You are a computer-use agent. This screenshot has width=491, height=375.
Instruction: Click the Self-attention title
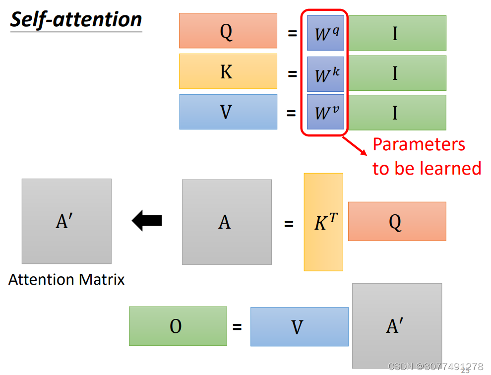point(76,20)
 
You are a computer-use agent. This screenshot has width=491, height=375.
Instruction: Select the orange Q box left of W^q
point(228,31)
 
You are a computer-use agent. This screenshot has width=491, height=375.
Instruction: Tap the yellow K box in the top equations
point(228,71)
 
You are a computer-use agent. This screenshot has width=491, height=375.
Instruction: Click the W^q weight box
point(325,33)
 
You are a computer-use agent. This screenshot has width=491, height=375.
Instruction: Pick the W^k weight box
point(325,74)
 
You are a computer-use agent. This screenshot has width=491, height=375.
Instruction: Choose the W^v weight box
point(325,112)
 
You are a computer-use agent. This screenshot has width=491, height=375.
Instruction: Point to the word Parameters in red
point(419,144)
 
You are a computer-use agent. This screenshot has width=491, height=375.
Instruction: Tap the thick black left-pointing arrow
point(147,220)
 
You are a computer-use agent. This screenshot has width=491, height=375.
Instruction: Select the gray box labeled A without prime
point(227,222)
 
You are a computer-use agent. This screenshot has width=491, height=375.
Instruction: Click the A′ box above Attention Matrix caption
point(66,221)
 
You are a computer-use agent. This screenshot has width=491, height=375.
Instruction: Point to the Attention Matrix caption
point(66,280)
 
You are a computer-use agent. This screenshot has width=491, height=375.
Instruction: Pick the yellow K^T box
point(323,222)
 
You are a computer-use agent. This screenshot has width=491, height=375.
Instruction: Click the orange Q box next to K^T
point(397,221)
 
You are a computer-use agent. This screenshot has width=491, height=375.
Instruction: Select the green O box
point(178,326)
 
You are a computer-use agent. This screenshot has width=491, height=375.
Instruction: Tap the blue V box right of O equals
point(299,326)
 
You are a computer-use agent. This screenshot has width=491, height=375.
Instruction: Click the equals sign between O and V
point(238,327)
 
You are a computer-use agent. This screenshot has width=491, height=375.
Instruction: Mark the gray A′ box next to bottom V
point(397,326)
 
